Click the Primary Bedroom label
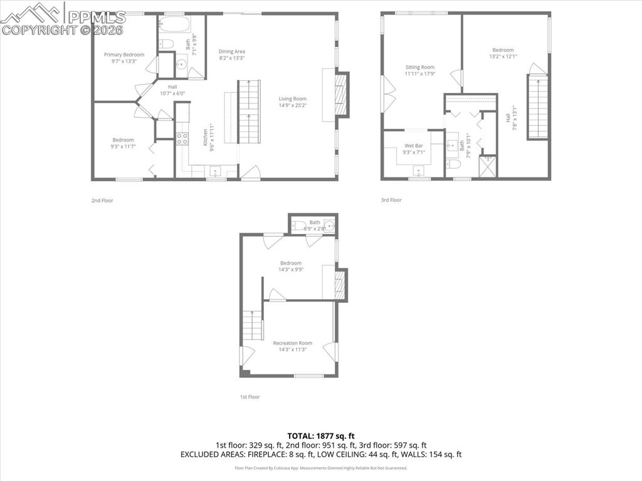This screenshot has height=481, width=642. [124, 55]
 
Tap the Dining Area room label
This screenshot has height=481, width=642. [231, 51]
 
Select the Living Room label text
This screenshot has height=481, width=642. [292, 98]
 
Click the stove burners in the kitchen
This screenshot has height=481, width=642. [182, 139]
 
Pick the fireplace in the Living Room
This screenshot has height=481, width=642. [340, 94]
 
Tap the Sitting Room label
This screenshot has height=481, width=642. [419, 67]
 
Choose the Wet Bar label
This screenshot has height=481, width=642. [413, 145]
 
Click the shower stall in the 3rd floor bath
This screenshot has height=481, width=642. [488, 166]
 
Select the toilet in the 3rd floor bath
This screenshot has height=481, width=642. [453, 164]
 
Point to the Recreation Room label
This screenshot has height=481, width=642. [292, 343]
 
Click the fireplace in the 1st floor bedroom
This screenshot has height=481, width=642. [339, 285]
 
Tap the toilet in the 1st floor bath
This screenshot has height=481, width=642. [299, 226]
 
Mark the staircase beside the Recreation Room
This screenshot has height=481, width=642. [251, 325]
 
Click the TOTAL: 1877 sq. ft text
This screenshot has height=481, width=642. [321, 435]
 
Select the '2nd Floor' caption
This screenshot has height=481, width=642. [102, 201]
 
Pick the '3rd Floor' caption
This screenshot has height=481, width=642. [391, 200]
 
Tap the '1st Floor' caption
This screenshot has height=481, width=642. [250, 397]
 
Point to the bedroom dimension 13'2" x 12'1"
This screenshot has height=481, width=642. [503, 56]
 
